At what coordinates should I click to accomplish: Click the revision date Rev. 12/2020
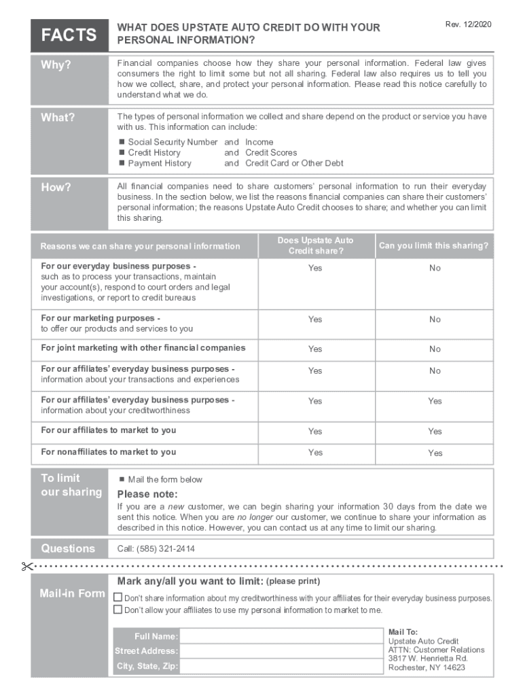[x=468, y=24]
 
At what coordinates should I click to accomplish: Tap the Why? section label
[x=56, y=65]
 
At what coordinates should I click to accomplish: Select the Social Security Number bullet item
[x=173, y=142]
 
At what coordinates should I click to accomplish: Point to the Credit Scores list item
[x=271, y=153]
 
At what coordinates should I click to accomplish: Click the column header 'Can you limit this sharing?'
[x=433, y=246]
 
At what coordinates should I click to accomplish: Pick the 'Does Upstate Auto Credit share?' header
[x=315, y=246]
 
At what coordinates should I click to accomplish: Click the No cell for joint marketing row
[x=435, y=349]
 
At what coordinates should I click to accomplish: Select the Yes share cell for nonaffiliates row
[x=315, y=453]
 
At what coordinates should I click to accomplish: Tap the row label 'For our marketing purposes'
[x=101, y=318]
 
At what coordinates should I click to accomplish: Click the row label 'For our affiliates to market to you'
[x=109, y=430]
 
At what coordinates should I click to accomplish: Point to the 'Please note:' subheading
[x=147, y=494]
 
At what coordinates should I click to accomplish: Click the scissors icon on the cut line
[x=26, y=566]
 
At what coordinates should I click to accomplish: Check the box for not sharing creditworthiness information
[x=118, y=598]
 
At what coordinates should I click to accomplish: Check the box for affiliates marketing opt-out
[x=118, y=610]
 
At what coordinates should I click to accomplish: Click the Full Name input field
[x=281, y=636]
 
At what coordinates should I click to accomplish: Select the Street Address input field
[x=281, y=651]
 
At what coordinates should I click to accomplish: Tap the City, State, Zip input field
[x=281, y=666]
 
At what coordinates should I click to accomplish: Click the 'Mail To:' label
[x=403, y=632]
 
